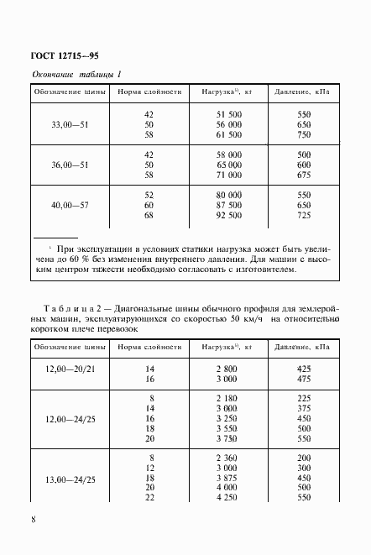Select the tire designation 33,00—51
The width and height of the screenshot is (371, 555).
click(70, 123)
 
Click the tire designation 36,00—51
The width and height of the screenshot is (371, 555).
click(70, 165)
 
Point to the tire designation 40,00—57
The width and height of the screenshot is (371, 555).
click(70, 206)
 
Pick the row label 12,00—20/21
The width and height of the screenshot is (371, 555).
click(70, 374)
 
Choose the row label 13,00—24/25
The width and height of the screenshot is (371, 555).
click(70, 479)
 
